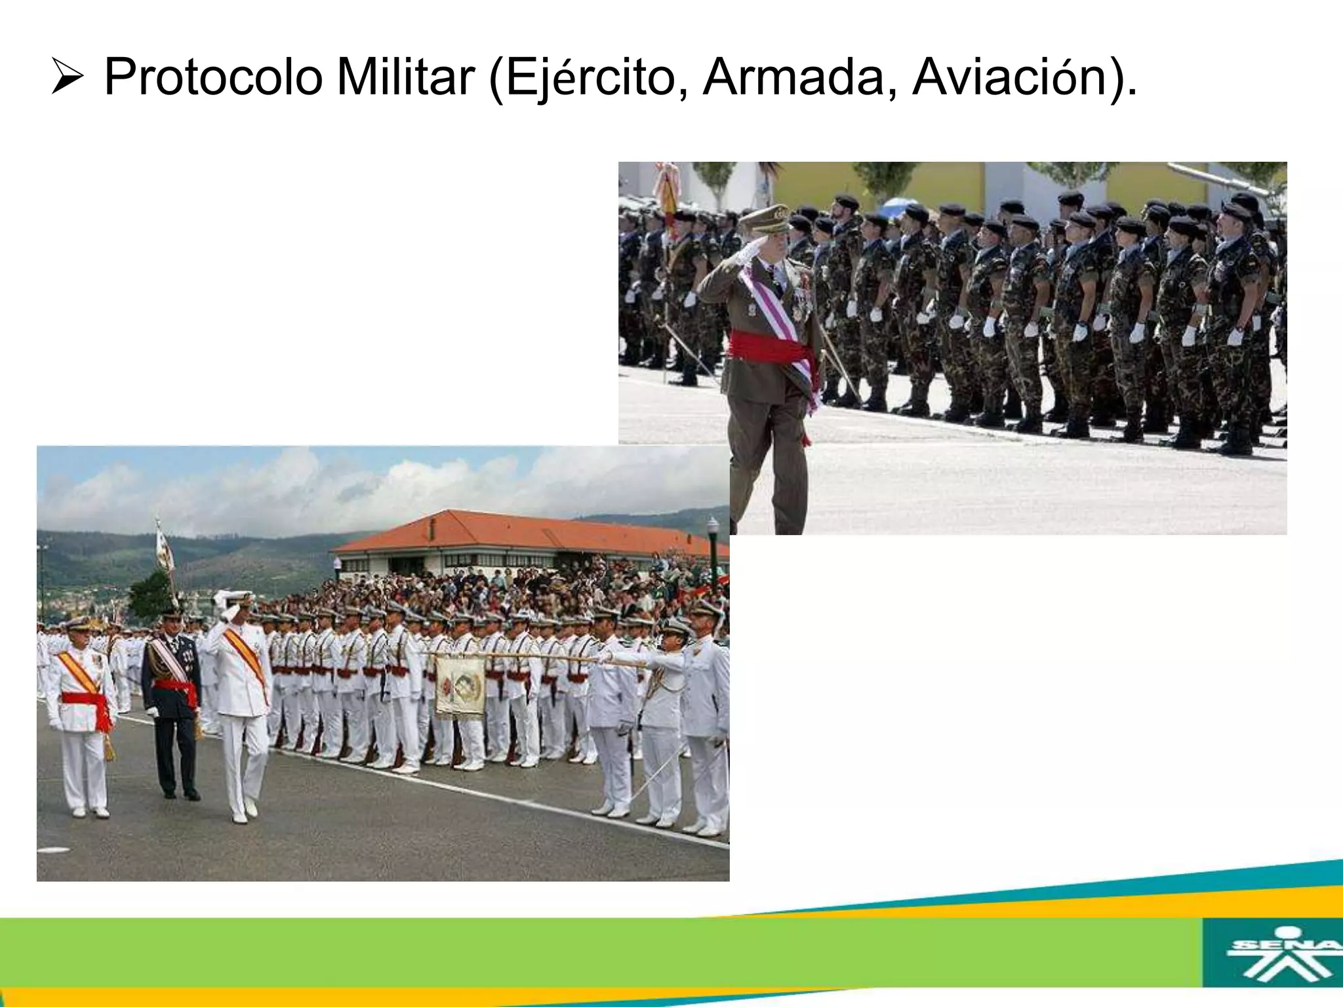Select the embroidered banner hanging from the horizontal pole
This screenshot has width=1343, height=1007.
(x=460, y=684)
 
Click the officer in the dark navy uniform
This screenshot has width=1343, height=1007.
(x=172, y=695)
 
